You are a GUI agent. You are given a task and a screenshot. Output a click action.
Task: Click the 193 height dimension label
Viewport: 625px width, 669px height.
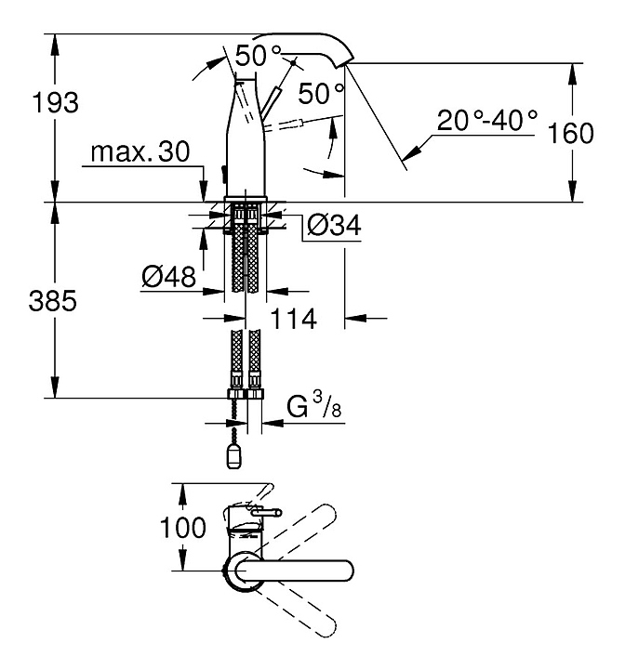pyautogui.click(x=56, y=103)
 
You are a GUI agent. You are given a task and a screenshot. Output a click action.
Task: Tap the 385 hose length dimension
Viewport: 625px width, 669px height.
pyautogui.click(x=52, y=300)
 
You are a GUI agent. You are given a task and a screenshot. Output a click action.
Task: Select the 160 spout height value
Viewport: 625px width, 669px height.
pyautogui.click(x=570, y=133)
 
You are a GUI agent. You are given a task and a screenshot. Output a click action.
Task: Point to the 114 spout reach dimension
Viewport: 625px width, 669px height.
pyautogui.click(x=294, y=319)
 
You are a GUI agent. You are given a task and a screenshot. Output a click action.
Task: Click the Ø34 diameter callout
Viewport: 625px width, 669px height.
pyautogui.click(x=334, y=225)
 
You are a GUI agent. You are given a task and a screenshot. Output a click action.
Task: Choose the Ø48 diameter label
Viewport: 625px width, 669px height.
pyautogui.click(x=168, y=277)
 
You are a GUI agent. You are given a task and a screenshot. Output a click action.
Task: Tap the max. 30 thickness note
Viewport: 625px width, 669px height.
pyautogui.click(x=140, y=151)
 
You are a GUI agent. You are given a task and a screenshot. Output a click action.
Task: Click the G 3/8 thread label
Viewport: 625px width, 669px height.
pyautogui.click(x=314, y=405)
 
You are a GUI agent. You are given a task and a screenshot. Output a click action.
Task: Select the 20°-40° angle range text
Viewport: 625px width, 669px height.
pyautogui.click(x=487, y=120)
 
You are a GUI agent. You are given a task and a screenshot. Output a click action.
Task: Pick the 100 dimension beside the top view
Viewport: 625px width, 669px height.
pyautogui.click(x=183, y=528)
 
